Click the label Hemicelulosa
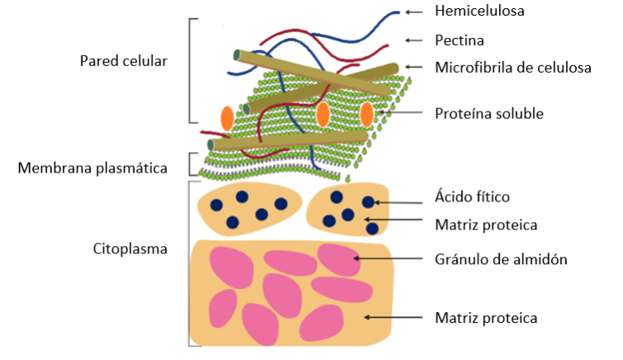(x=479, y=12)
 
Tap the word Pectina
(x=459, y=40)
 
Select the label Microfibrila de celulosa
(x=512, y=68)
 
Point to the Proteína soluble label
(x=488, y=113)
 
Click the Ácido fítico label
(x=472, y=197)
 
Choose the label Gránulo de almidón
(x=501, y=259)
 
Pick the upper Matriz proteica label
(x=486, y=223)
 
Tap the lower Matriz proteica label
(x=486, y=317)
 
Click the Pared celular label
(x=123, y=61)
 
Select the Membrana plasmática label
(x=93, y=168)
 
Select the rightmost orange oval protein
(x=367, y=114)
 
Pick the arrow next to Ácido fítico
(x=401, y=201)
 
